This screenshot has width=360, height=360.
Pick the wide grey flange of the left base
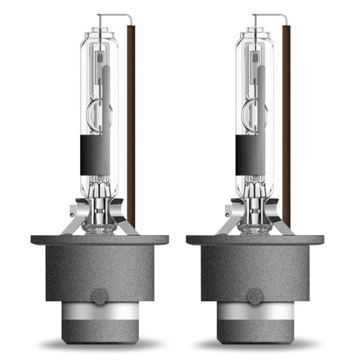click(99, 240)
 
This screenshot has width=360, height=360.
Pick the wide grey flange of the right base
click(255, 240)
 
